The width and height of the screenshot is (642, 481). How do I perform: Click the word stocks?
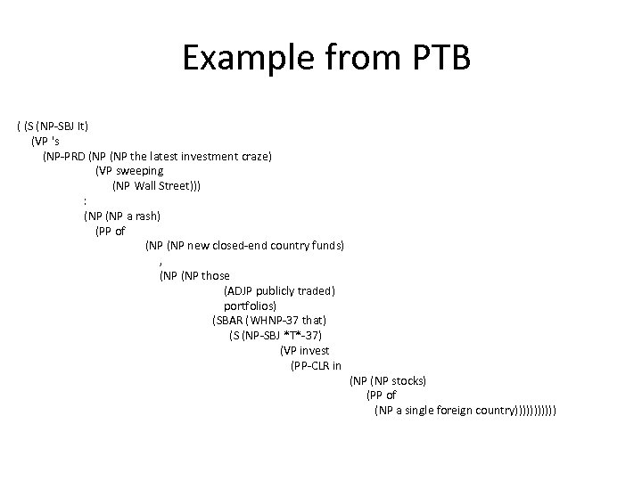407,380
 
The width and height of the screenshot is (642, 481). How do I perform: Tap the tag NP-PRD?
66,155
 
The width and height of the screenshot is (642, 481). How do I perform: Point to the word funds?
327,245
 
